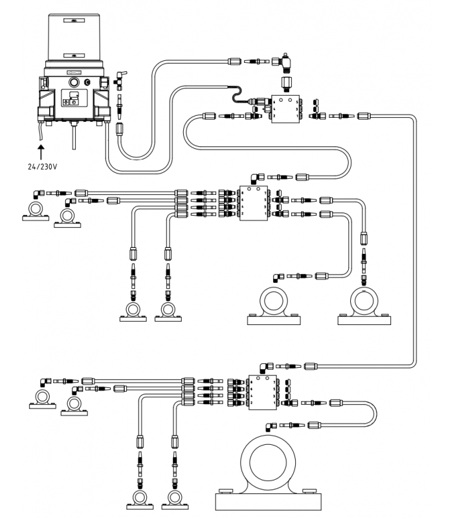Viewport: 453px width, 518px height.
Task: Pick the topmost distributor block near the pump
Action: (x=285, y=108)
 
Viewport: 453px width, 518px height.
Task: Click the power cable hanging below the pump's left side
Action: (x=42, y=133)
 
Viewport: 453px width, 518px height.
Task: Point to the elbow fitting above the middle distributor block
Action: (x=257, y=176)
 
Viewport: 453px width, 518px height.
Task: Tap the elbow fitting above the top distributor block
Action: (x=283, y=62)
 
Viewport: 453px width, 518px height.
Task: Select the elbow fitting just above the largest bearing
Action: (x=269, y=426)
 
